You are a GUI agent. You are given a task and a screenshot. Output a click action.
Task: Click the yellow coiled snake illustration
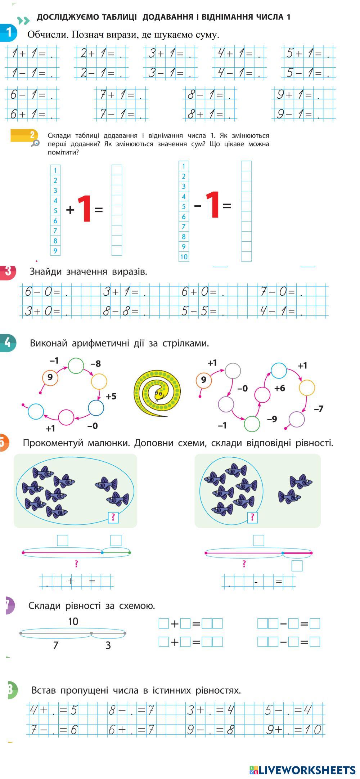coord(157,393)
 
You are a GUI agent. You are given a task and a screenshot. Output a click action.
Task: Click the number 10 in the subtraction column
coord(184,257)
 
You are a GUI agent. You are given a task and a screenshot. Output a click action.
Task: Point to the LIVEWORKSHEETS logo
coord(302,770)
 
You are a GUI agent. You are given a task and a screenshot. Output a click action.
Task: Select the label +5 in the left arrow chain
coord(111,397)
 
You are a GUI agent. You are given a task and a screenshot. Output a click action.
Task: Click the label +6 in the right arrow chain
coord(280,388)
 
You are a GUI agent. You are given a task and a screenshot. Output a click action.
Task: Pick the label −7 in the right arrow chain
coord(319,408)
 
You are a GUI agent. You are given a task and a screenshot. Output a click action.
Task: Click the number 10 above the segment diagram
coord(73,621)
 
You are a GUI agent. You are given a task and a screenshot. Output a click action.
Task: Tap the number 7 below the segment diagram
coord(55,645)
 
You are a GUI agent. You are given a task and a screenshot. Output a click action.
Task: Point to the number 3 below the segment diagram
coord(108,645)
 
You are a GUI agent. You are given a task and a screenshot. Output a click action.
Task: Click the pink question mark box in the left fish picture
coord(113,518)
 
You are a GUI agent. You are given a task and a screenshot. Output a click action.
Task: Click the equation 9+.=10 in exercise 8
coord(293,730)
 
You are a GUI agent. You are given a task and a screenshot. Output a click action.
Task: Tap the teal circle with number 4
coord(8,343)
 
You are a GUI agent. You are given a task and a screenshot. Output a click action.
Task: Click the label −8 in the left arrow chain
coord(95,364)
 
